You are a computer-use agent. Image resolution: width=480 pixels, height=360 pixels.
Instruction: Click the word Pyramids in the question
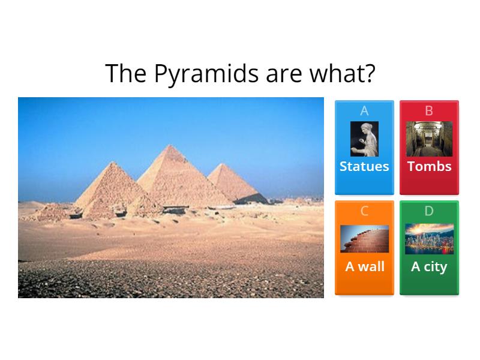(x=206, y=74)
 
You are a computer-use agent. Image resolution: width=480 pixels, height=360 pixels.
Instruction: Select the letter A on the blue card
(x=364, y=111)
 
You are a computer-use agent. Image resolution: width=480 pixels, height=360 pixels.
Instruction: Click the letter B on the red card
(x=429, y=111)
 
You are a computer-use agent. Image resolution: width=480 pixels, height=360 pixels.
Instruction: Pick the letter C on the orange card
(x=364, y=211)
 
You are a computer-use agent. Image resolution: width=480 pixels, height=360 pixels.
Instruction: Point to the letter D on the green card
(x=429, y=211)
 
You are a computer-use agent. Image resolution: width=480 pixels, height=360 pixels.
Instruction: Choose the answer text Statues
(x=364, y=166)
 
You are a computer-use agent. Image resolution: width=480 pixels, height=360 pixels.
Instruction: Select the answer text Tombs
(x=429, y=166)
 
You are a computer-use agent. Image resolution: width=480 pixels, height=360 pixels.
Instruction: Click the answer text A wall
(x=364, y=266)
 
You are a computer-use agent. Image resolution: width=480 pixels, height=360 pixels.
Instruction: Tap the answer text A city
(x=429, y=266)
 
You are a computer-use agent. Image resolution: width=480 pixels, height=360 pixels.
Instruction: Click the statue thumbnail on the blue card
(x=364, y=139)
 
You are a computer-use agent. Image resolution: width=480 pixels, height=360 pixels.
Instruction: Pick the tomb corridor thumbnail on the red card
(x=429, y=139)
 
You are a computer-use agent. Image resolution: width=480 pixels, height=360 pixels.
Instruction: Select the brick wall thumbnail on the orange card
(x=364, y=239)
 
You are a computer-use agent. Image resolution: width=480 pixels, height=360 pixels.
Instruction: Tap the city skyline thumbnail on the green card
(x=429, y=239)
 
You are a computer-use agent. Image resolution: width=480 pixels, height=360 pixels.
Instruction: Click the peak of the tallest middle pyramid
(x=170, y=145)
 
